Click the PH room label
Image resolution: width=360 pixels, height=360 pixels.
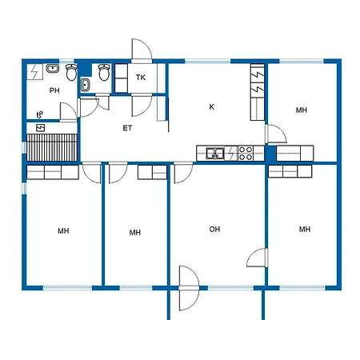[54, 90]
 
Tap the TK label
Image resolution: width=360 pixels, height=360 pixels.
[141, 78]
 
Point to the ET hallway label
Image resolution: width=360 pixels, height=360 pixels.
[127, 128]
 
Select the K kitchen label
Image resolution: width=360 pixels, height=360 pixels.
[212, 106]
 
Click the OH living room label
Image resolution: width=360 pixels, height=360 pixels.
[214, 229]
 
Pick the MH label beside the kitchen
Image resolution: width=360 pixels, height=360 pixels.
[302, 110]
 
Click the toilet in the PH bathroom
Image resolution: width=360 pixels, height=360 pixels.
[71, 72]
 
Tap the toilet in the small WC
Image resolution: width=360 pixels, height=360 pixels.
[104, 72]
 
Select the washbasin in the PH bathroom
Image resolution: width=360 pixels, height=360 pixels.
[53, 69]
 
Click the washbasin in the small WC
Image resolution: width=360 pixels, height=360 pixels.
[85, 85]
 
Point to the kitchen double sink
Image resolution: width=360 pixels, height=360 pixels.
[214, 154]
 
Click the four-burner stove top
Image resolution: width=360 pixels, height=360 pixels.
[246, 154]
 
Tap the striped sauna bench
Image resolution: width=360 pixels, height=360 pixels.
[52, 147]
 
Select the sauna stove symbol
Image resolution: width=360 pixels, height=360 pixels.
[41, 128]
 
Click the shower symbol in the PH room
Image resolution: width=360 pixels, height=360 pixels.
[40, 115]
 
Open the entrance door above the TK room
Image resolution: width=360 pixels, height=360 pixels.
[142, 50]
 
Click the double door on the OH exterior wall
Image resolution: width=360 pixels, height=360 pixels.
[189, 288]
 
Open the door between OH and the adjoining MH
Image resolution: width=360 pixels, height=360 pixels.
[258, 258]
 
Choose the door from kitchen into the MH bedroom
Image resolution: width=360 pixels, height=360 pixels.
[276, 134]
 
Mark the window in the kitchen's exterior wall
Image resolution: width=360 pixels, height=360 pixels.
[207, 62]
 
